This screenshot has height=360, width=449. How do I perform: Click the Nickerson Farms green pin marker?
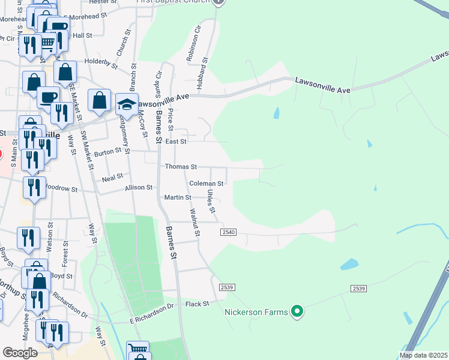pos(296,311)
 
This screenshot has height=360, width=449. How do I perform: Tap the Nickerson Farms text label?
pos(256,312)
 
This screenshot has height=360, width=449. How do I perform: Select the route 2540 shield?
pos(228,232)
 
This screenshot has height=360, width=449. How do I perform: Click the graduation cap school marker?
pos(127,104)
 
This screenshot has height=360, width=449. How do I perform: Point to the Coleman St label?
pos(206,184)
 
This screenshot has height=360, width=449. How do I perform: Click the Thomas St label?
pos(181,167)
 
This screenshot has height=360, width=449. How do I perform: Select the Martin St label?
pos(178,197)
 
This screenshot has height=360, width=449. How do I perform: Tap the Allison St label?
pos(139,188)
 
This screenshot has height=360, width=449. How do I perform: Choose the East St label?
pos(176,142)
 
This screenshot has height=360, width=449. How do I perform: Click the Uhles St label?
pos(211,201)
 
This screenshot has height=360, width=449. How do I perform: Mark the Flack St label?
pos(197,304)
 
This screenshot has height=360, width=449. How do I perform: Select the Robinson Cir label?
pos(193,43)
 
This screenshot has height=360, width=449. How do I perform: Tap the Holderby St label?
pos(101,61)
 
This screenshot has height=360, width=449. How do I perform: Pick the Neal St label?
pos(112,177)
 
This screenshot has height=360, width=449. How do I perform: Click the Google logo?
pos(20,353)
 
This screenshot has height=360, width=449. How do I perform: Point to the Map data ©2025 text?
pos(423,355)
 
